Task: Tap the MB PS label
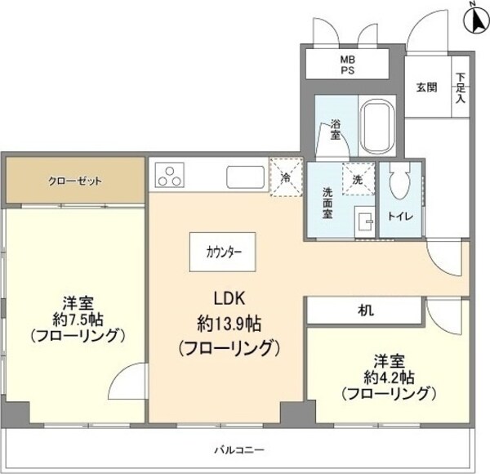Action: [348, 63]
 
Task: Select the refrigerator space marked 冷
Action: [286, 176]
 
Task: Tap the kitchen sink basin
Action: [244, 176]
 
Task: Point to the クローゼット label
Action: [73, 181]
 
